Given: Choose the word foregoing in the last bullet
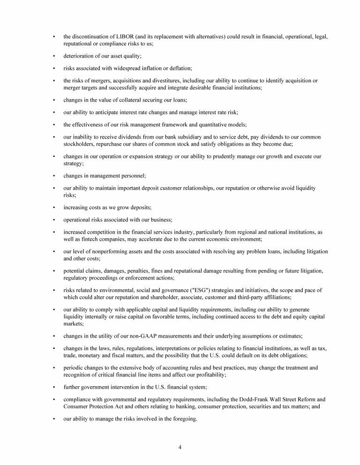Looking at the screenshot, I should point(184,419).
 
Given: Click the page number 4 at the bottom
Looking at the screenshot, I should point(180,447).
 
